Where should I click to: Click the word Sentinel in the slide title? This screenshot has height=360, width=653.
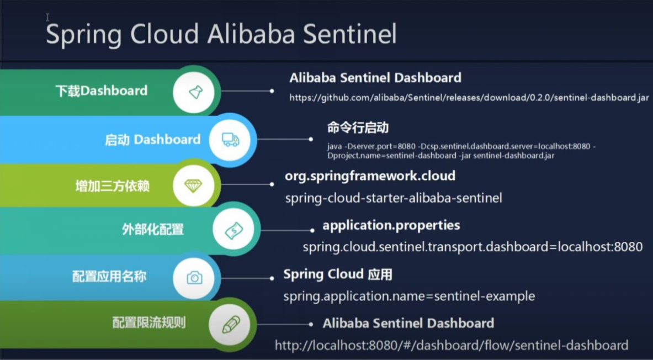click(x=350, y=34)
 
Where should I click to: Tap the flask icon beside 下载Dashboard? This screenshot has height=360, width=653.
click(x=196, y=92)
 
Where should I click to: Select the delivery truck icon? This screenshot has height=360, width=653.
click(x=230, y=140)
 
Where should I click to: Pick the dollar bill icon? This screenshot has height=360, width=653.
click(x=233, y=230)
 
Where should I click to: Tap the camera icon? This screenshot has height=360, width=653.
click(x=194, y=278)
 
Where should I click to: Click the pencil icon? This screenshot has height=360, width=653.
click(x=231, y=325)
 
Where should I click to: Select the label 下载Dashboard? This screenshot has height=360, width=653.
click(x=101, y=91)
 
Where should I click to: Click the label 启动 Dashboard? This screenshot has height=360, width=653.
click(x=152, y=140)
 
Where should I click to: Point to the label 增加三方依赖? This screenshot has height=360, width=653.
click(x=112, y=186)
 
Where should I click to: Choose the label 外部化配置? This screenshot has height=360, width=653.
click(x=153, y=230)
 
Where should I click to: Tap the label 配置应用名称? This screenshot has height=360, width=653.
click(x=109, y=277)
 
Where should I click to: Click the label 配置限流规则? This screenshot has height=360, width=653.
click(x=148, y=323)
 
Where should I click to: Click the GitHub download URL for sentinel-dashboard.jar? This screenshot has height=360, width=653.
click(x=469, y=98)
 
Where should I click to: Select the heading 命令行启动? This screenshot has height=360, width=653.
click(x=358, y=128)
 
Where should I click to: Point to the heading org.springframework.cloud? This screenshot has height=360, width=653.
click(x=370, y=176)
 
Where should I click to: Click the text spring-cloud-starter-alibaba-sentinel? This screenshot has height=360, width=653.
click(x=394, y=198)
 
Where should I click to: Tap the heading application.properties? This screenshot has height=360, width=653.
click(x=391, y=226)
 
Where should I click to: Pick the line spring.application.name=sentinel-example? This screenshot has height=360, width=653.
click(x=410, y=297)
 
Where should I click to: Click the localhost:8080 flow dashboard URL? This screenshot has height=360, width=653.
click(x=452, y=346)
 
